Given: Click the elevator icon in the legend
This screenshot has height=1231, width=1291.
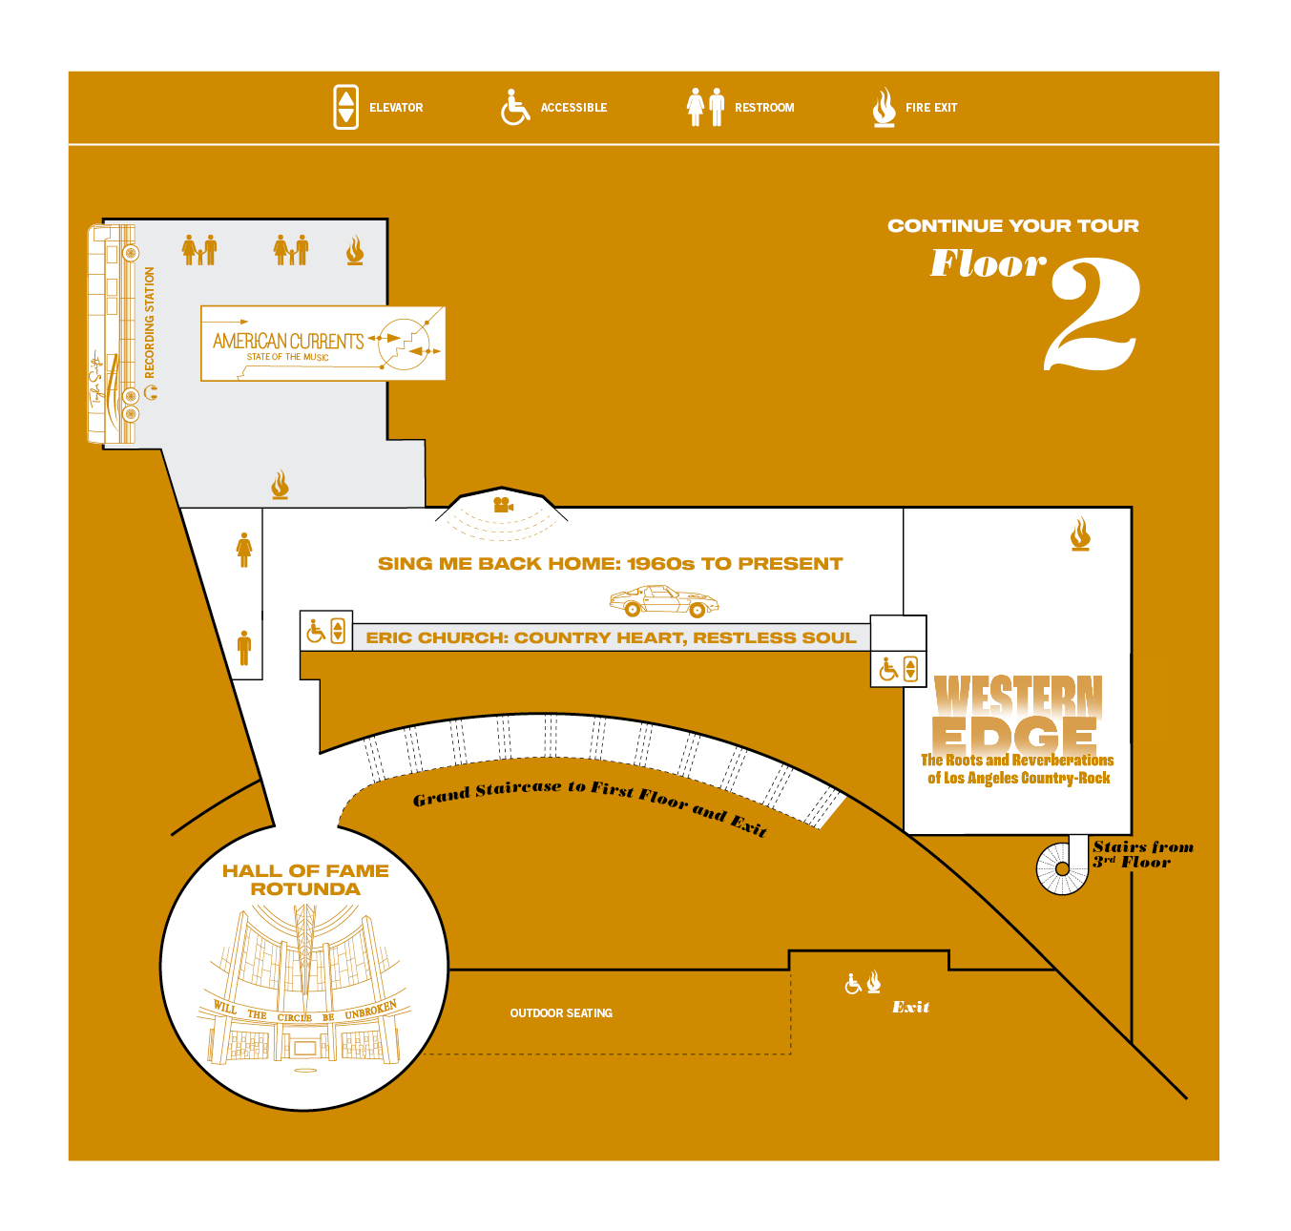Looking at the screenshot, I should (345, 107).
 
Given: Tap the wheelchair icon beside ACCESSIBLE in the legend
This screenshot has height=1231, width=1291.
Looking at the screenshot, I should (514, 107).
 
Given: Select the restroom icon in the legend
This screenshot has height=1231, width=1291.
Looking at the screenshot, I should (706, 107).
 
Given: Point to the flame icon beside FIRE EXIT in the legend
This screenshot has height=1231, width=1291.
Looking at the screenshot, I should (885, 107).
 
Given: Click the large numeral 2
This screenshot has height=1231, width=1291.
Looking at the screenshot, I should (1093, 315).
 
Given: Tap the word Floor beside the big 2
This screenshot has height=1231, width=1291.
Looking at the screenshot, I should (988, 263).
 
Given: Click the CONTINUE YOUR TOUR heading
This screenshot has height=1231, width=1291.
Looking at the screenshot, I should (1012, 226).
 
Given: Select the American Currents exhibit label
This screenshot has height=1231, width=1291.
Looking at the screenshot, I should (288, 343).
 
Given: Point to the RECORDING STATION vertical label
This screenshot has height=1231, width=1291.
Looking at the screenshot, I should (150, 323).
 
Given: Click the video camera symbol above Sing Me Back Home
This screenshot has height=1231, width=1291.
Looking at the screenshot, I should (503, 505).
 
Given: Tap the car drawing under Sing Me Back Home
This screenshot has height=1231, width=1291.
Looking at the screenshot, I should (664, 601).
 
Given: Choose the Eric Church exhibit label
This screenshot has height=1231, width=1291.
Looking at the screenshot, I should (611, 637).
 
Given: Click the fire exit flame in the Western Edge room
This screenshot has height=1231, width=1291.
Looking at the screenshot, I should (1080, 534).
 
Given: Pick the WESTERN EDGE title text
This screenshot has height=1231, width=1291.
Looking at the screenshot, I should (1017, 713).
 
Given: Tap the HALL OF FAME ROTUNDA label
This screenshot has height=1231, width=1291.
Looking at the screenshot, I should (305, 880).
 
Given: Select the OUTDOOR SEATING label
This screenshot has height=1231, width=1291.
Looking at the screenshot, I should (561, 1013).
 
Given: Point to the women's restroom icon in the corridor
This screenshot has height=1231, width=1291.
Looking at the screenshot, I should (244, 550).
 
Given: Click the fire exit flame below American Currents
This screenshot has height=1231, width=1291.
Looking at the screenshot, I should (280, 485).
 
